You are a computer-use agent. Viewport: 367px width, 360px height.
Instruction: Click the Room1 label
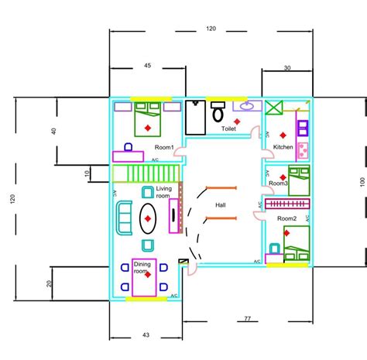tap(163, 147)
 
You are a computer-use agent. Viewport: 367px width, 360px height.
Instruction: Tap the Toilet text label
tap(228, 129)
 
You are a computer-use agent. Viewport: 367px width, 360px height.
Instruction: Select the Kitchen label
tap(283, 146)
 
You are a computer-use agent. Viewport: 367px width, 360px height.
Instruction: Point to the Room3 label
tap(280, 183)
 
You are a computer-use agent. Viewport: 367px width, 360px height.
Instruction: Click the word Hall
tap(220, 204)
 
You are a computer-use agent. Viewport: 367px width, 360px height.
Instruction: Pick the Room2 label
tap(287, 219)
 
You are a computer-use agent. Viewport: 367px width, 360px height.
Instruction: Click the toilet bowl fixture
tap(218, 113)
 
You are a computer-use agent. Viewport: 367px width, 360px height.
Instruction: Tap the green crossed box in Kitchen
tap(276, 108)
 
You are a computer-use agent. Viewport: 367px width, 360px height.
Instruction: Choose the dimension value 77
tap(248, 318)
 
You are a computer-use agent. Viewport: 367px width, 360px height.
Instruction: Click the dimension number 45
tap(147, 66)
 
